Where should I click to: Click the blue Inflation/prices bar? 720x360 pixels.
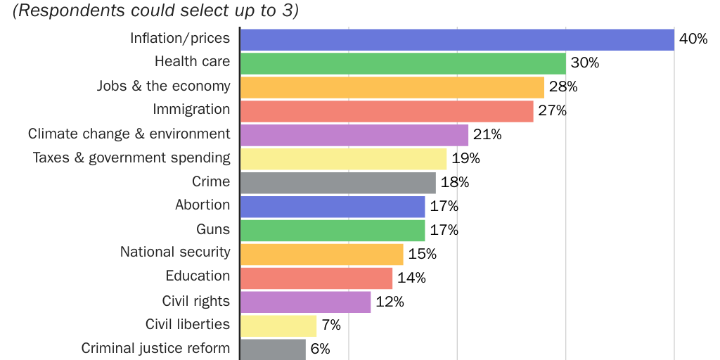(x=457, y=39)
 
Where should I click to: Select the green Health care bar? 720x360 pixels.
(x=402, y=63)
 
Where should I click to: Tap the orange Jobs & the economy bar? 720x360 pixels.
(x=392, y=87)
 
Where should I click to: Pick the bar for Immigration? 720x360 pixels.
(x=386, y=111)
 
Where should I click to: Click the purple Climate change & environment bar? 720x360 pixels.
(x=354, y=135)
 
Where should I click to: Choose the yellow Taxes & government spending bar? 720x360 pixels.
(x=343, y=159)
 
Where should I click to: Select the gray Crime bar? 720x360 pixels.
(x=337, y=183)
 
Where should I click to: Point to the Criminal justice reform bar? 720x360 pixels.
(x=273, y=349)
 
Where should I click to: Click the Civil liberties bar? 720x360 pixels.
(x=278, y=326)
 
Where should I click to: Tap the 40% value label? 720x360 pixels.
(x=693, y=39)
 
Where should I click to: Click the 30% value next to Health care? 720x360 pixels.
(x=584, y=63)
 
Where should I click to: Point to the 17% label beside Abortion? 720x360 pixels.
(x=444, y=207)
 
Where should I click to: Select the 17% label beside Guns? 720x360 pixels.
(x=444, y=231)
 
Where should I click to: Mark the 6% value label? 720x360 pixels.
(x=320, y=349)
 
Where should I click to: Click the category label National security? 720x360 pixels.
(x=175, y=252)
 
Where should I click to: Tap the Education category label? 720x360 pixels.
(x=198, y=276)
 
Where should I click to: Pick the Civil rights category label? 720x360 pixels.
(x=195, y=301)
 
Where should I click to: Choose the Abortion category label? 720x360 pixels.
(x=202, y=205)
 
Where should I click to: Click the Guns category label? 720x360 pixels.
(x=213, y=229)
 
